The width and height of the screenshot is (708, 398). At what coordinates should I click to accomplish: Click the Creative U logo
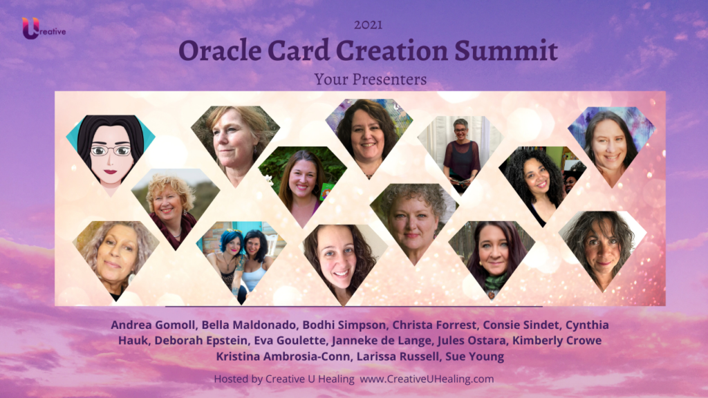pos(44,28)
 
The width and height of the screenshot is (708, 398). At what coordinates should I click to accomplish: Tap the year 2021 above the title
pos(368,25)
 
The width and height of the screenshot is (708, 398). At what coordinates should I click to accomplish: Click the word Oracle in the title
pos(219,50)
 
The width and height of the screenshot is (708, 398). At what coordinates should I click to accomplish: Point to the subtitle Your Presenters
pos(371,79)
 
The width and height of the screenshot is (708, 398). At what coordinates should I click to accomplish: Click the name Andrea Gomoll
pos(153,325)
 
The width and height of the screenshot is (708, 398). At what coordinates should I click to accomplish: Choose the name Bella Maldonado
pos(249,325)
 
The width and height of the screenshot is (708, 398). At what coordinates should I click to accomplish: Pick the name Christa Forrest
pos(434,325)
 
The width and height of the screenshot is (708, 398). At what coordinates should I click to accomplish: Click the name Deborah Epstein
pos(201,340)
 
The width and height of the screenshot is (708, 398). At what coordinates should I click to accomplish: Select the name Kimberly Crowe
pos(557,340)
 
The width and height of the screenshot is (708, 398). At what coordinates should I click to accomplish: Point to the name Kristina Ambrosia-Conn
pos(283,357)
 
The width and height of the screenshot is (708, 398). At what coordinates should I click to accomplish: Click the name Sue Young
pos(474,357)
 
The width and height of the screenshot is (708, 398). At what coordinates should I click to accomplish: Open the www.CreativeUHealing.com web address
pos(427,379)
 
